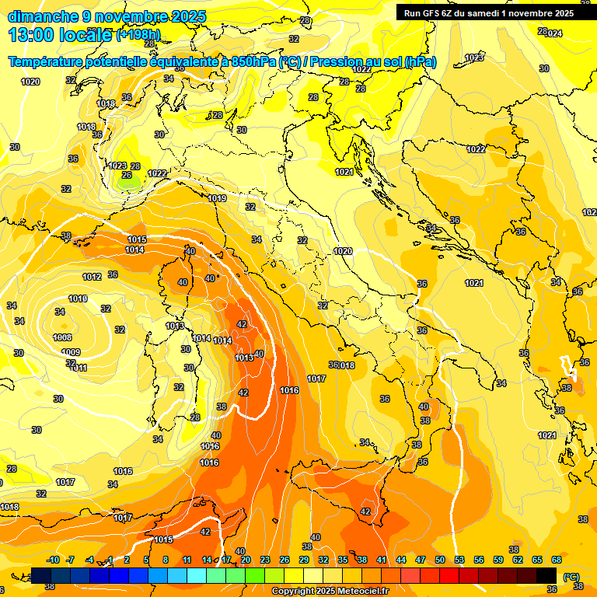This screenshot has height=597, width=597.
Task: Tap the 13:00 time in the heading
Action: point(30,35)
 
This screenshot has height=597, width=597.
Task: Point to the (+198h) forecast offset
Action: point(138,35)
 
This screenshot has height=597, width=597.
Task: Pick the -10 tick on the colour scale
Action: point(53,560)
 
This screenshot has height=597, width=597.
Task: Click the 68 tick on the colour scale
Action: point(557,560)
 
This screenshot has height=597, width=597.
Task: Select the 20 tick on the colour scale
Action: point(246,560)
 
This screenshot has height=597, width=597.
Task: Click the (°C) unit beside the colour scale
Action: point(571,576)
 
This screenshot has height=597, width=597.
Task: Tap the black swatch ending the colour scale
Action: point(546,575)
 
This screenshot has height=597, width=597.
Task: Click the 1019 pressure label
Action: point(218,199)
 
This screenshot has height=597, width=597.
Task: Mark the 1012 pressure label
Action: point(92,277)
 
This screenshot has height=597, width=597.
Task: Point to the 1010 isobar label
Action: point(78,298)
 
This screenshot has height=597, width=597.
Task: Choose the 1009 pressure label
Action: point(71,352)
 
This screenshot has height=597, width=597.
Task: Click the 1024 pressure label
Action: point(553,33)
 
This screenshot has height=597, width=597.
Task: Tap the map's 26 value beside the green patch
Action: point(127,176)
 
